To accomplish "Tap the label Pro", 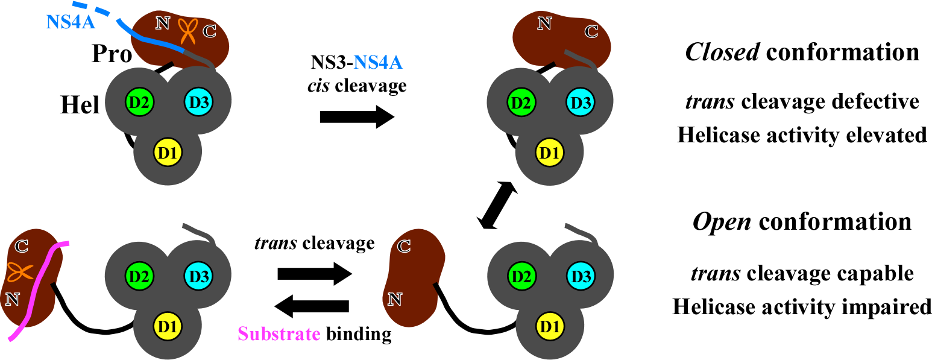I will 112,55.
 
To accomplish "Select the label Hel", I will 81,106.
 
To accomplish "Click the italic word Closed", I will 722,52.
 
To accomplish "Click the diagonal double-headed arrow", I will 497,206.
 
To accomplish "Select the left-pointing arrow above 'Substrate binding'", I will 312,306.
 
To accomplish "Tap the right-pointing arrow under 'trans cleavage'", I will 314,274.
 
